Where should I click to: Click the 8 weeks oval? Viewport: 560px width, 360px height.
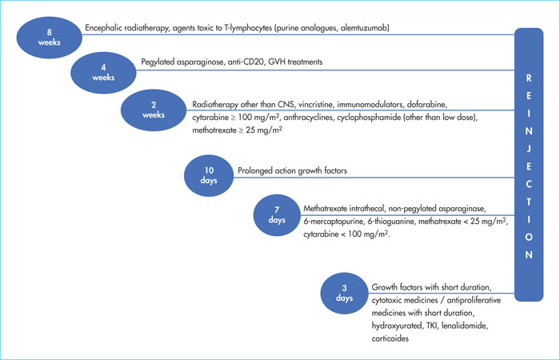(x=50, y=38)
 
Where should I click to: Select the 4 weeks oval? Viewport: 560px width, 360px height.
(x=103, y=73)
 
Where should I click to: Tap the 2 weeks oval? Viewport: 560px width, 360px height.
(x=154, y=110)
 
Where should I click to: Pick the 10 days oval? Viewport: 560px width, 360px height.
(x=209, y=175)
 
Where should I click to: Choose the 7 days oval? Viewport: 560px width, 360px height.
(x=277, y=215)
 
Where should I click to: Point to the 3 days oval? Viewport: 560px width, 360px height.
(x=344, y=294)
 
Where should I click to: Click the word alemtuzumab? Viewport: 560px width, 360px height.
(x=365, y=28)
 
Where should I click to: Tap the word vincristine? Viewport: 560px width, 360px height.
(x=315, y=105)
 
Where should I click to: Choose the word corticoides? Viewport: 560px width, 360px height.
(x=390, y=338)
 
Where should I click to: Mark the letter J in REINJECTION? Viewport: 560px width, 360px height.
(x=529, y=149)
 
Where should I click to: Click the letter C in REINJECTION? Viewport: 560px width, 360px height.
(x=529, y=184)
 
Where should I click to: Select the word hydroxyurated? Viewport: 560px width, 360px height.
(x=397, y=326)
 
